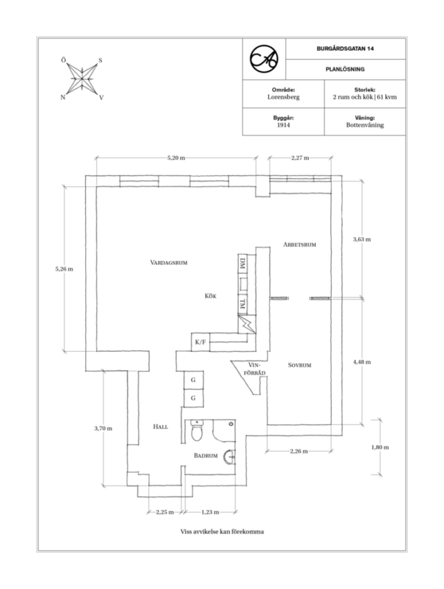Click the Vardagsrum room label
click(x=169, y=262)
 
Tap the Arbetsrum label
click(x=300, y=244)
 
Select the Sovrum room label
click(x=300, y=365)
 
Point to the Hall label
click(x=160, y=427)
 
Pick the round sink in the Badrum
click(x=229, y=457)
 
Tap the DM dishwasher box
click(x=243, y=264)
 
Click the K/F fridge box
click(x=200, y=342)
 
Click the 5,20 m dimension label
click(x=176, y=157)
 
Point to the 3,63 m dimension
click(x=361, y=239)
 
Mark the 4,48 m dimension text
click(x=361, y=362)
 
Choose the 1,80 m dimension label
click(x=379, y=447)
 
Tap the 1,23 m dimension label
click(x=210, y=512)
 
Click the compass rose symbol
click(x=82, y=78)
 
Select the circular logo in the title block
click(x=264, y=59)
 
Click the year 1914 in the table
click(x=283, y=125)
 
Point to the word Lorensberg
click(x=283, y=97)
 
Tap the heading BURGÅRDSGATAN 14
click(x=345, y=49)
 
